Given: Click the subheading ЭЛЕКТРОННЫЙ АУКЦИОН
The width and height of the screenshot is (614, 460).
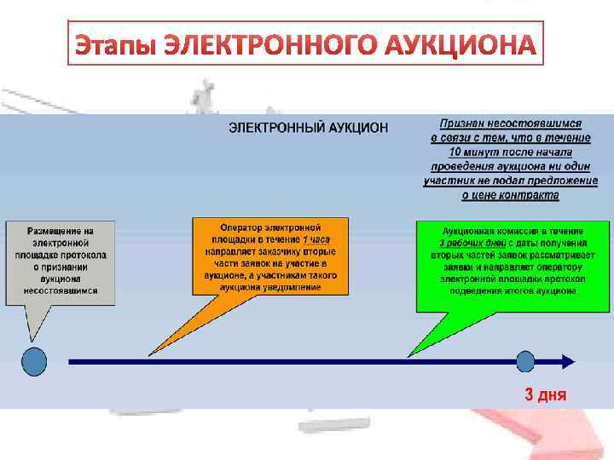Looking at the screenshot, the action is tap(308, 128).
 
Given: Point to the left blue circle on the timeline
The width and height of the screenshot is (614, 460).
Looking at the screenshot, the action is tap(34, 361).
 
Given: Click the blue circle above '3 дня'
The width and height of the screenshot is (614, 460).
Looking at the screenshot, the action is tap(525, 361).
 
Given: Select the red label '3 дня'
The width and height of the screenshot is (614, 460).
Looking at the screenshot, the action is tap(545, 394).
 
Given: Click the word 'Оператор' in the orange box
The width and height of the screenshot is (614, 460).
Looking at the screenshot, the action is tap(243, 228).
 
